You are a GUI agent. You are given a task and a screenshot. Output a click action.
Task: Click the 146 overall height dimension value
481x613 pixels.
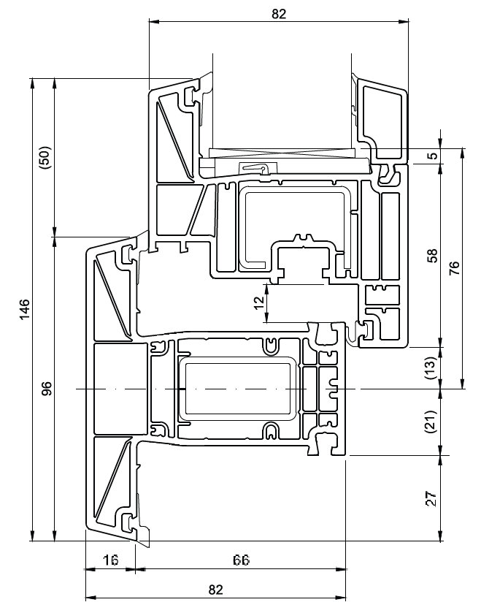coord(25,310)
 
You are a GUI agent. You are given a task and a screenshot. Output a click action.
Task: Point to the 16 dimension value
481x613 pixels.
coord(111,561)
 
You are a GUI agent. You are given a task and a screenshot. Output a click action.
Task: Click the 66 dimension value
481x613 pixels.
coord(241,561)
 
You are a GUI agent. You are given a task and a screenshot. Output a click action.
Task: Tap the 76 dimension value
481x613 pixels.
coord(454,268)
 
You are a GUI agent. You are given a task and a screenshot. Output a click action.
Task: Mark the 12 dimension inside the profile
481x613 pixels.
coord(258,303)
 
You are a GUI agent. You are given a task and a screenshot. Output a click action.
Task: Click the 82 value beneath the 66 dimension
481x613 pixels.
coord(215,590)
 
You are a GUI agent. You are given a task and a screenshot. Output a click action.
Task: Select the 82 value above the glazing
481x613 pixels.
coord(278,14)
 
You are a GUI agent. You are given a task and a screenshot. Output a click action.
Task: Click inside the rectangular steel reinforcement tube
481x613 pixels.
coord(238,387)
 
